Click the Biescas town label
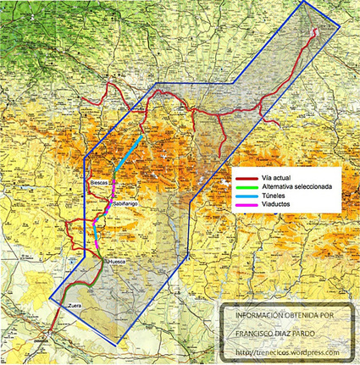(x=100, y=182)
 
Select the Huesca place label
(x=117, y=262)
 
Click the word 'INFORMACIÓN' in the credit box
(x=253, y=315)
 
